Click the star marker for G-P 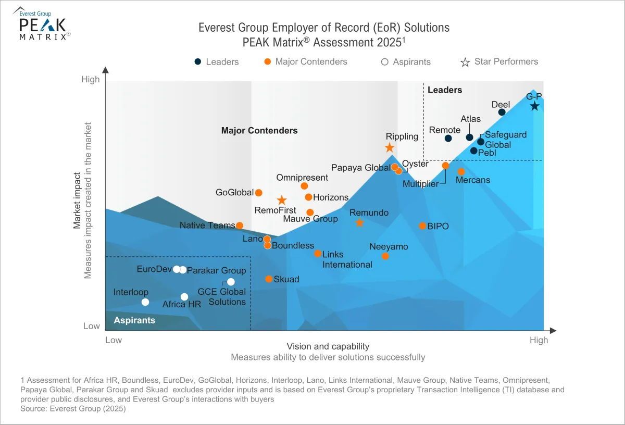(534, 106)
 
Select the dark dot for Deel (502, 112)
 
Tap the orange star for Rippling (390, 147)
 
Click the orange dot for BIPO (422, 226)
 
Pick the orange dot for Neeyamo (385, 256)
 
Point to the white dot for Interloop (145, 302)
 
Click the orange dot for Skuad (269, 279)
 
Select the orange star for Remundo (359, 223)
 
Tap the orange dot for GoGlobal (259, 193)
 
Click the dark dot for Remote (448, 138)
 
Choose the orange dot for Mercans (461, 171)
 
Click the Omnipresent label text (302, 178)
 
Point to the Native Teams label (207, 226)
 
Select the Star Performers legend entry (499, 62)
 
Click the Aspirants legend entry (406, 62)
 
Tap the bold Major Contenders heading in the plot (259, 131)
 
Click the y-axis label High (90, 80)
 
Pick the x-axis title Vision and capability (328, 346)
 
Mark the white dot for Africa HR (184, 297)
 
